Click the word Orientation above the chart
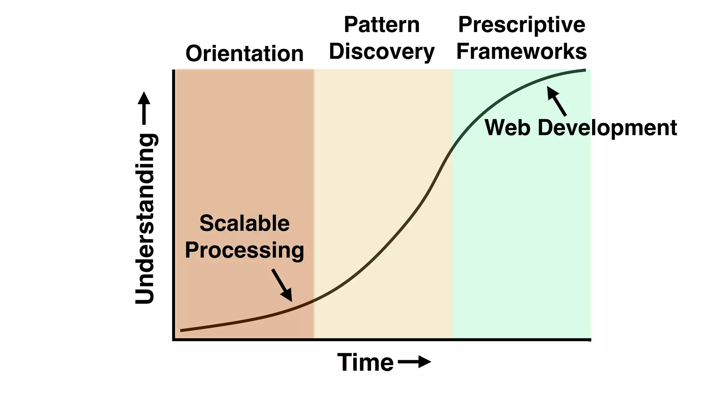click(244, 54)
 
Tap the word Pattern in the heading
click(382, 25)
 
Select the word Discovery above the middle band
click(382, 52)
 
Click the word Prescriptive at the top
click(522, 25)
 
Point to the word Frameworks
click(522, 52)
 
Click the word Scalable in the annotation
click(244, 223)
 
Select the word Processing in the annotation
click(244, 251)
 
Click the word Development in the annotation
click(607, 128)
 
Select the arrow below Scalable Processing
click(282, 285)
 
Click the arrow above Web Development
click(556, 101)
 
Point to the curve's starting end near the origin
click(181, 330)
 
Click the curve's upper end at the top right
click(585, 70)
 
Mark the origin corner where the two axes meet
click(174, 339)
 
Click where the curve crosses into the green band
click(452, 148)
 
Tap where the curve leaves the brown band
click(314, 300)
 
